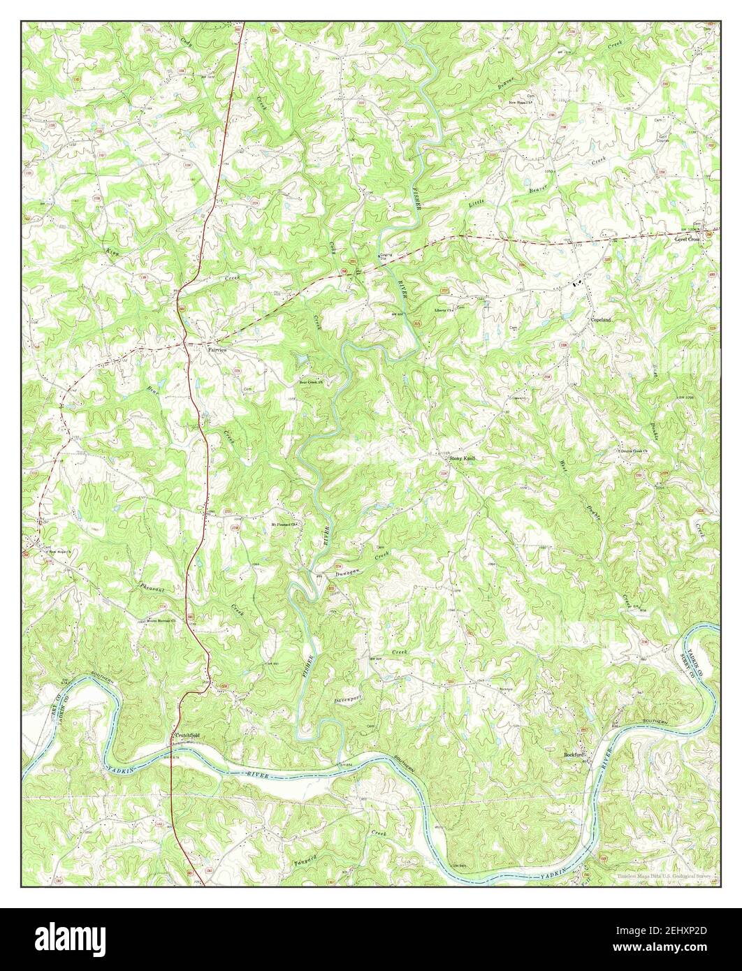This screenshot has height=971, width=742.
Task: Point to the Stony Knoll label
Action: point(462,458)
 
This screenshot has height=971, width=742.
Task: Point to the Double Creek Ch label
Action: point(633,451)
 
